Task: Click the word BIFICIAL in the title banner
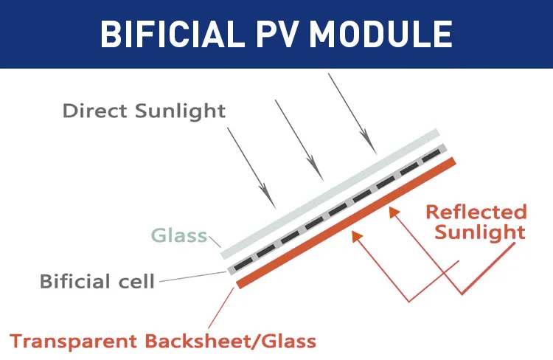(172, 34)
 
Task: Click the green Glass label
(178, 236)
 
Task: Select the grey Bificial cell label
(97, 281)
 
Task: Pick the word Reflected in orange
(476, 212)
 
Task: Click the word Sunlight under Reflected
(480, 232)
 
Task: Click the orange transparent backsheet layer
(347, 221)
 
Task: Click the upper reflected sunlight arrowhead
(393, 212)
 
